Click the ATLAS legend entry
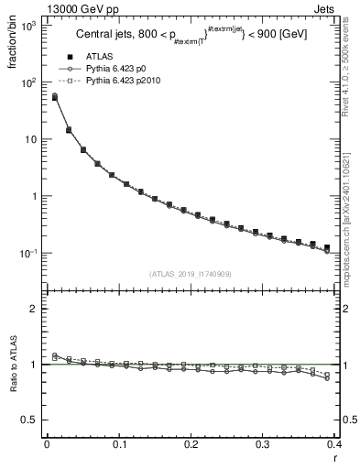click(x=99, y=56)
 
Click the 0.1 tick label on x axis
click(x=119, y=443)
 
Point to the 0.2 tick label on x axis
click(x=191, y=443)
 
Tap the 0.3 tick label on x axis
click(x=264, y=443)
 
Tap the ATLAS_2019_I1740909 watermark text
click(x=191, y=274)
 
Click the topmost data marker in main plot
click(x=55, y=96)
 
